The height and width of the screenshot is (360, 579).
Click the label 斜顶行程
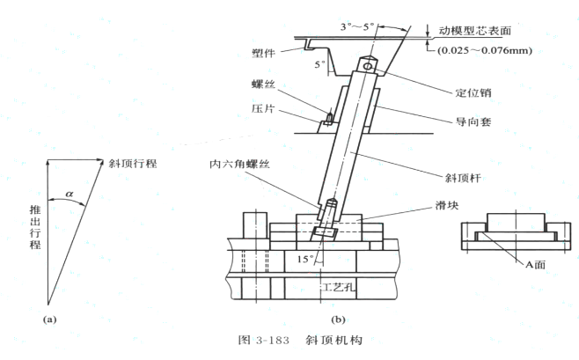coord(132,164)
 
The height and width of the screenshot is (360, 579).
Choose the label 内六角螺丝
coord(234,163)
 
